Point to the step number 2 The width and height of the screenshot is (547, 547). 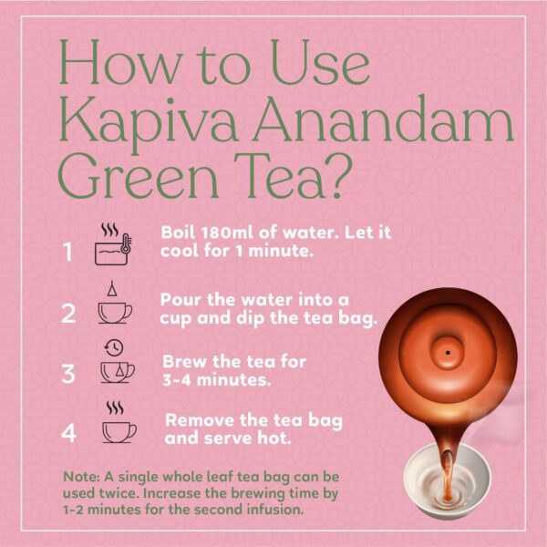[68, 314]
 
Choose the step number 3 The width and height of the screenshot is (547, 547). [68, 373]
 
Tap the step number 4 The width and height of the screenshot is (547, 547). [68, 432]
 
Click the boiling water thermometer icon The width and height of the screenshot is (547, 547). [115, 244]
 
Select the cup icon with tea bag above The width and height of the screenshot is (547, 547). [114, 305]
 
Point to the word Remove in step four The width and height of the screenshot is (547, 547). [197, 420]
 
